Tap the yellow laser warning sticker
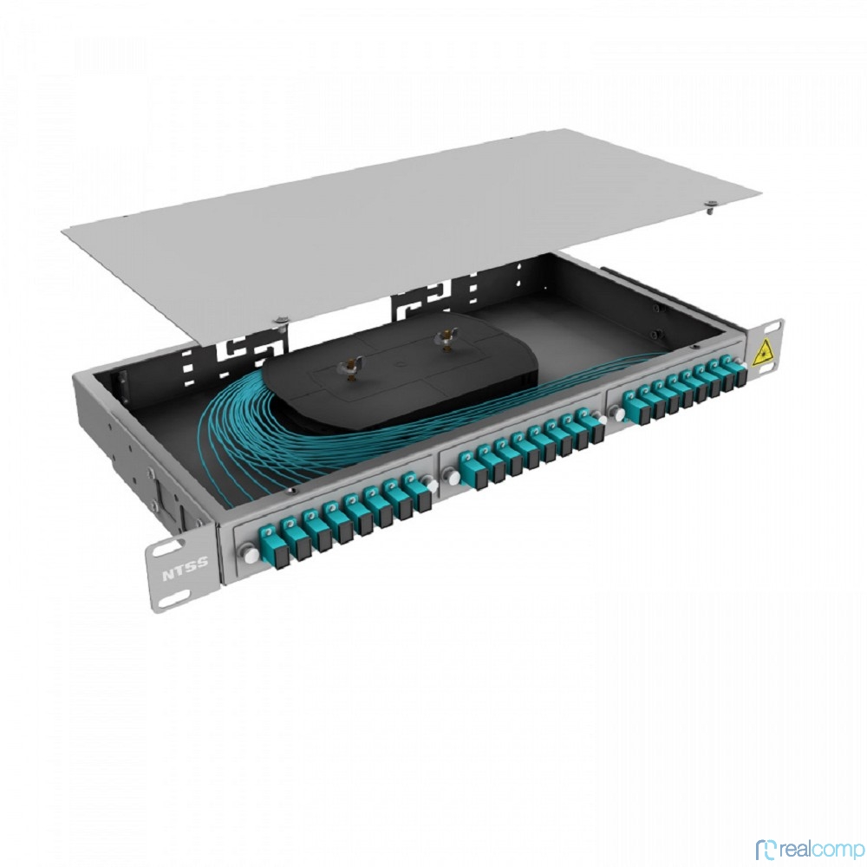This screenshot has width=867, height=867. pyautogui.click(x=764, y=350)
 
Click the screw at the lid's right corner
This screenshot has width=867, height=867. pyautogui.click(x=711, y=207)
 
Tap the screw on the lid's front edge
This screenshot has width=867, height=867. pyautogui.click(x=282, y=321)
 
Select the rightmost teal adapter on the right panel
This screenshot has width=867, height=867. pyautogui.click(x=736, y=369)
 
